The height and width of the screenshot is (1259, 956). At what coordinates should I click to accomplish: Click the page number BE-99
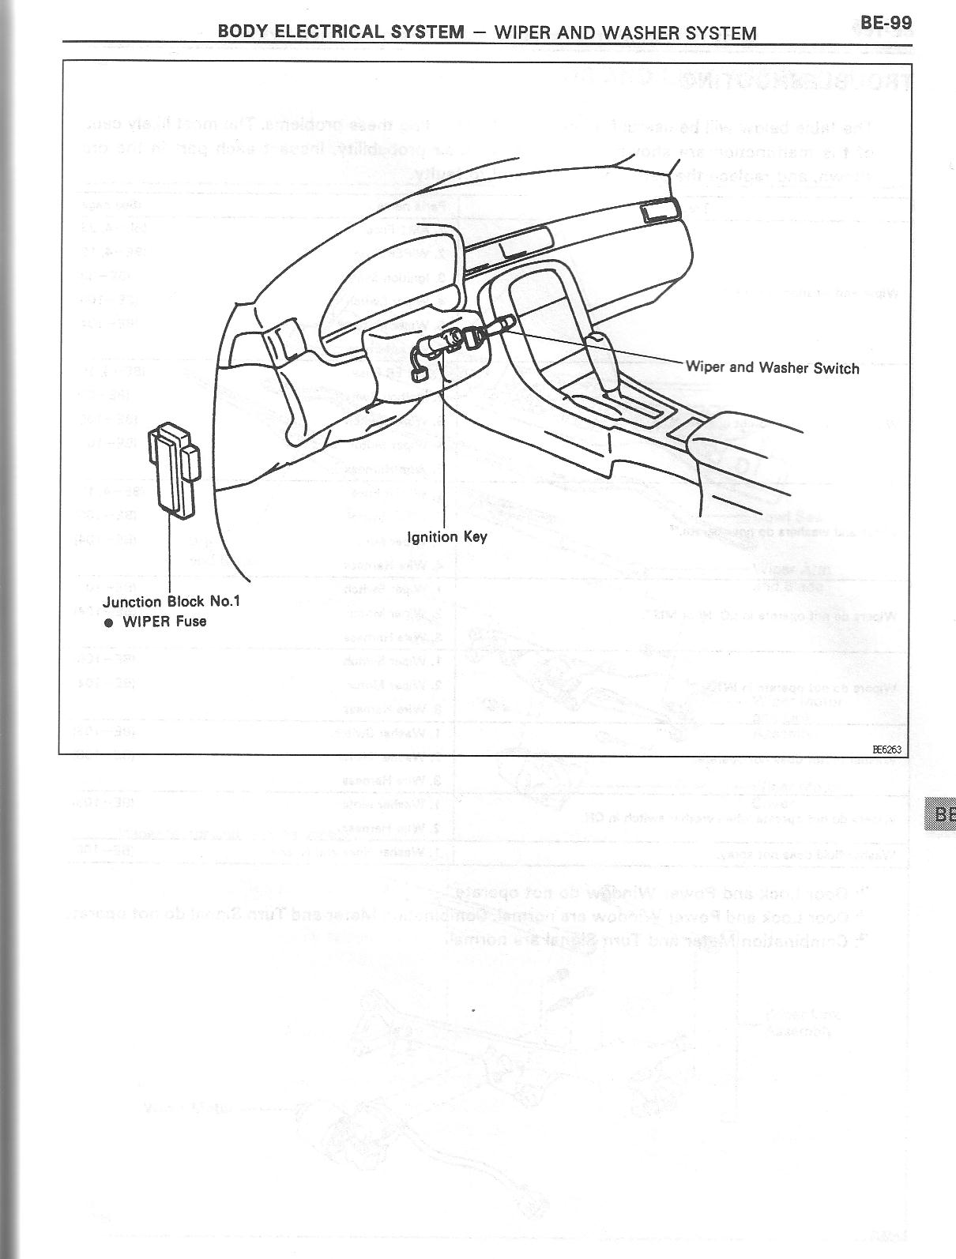tap(886, 21)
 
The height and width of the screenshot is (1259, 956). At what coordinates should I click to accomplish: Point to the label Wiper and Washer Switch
tap(772, 367)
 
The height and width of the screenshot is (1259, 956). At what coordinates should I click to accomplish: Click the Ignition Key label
tap(446, 537)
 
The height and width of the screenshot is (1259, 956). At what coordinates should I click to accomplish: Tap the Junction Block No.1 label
tap(171, 601)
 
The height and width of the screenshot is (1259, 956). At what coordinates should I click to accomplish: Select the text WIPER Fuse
tap(164, 622)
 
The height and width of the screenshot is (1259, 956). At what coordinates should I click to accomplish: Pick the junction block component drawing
tap(175, 471)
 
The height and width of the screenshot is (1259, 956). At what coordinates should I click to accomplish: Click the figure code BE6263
tap(887, 749)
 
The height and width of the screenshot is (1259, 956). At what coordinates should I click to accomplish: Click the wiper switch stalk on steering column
tap(499, 325)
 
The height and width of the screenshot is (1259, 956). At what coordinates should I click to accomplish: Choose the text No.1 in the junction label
tap(224, 601)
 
